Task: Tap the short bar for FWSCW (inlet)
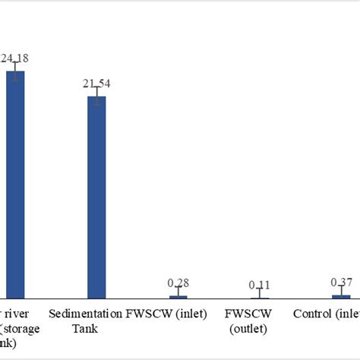[178, 296]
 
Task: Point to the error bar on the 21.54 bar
[96, 96]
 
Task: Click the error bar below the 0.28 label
[178, 291]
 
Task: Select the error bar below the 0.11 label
[260, 292]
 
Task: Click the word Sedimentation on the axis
[84, 313]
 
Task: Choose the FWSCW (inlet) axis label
[166, 313]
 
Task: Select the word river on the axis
[14, 313]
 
